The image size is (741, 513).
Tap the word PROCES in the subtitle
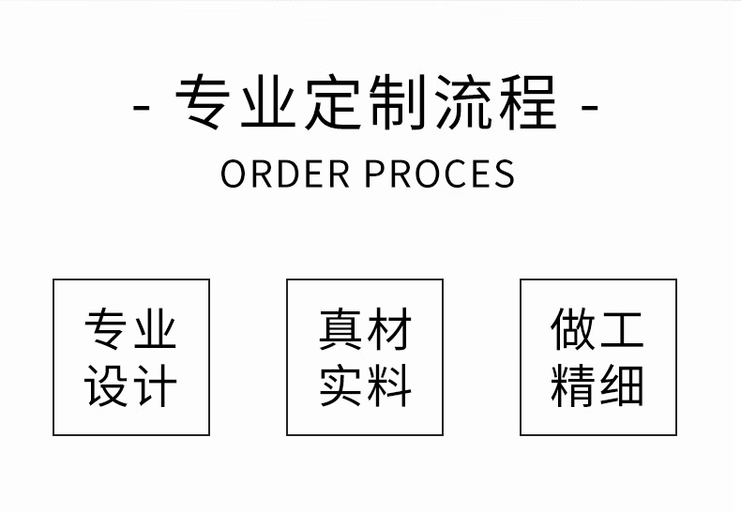coord(439,174)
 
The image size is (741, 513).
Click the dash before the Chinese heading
coord(143,105)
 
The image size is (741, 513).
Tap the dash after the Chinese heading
coord(590,105)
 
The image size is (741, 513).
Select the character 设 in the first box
coord(107,385)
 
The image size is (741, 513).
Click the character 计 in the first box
coord(155,385)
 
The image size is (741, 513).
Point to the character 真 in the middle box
coord(340,330)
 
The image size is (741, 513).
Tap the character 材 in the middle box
coord(388,330)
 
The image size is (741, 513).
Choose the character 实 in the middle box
coord(340,385)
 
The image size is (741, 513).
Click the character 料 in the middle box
coord(388,385)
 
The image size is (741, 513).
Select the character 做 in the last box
coord(573,330)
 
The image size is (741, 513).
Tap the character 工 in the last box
coord(621,330)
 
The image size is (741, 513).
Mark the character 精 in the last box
coord(573,385)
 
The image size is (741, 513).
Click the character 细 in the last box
coord(621,385)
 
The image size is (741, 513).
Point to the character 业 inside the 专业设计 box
coord(155,330)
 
